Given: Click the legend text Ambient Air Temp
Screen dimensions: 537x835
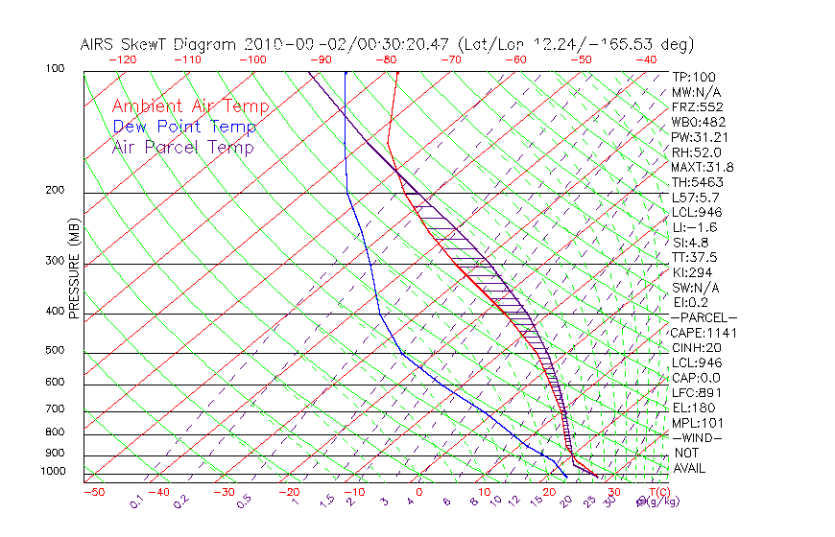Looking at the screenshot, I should coord(190,106).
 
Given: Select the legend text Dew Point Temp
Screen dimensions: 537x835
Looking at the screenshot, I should coord(184,127).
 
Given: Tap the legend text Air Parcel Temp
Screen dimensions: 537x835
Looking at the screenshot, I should coord(183,147).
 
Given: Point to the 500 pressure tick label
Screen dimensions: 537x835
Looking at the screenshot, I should coord(55,351).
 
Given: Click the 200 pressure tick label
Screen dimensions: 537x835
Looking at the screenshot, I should coord(55,191).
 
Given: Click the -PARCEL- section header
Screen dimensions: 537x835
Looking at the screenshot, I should coord(704,317).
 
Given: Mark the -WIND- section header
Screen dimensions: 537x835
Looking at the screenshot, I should coord(699,437).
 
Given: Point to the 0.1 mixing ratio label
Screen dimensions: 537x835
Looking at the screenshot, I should coord(136,501).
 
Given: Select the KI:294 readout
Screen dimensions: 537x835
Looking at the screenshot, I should coord(692,272).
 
